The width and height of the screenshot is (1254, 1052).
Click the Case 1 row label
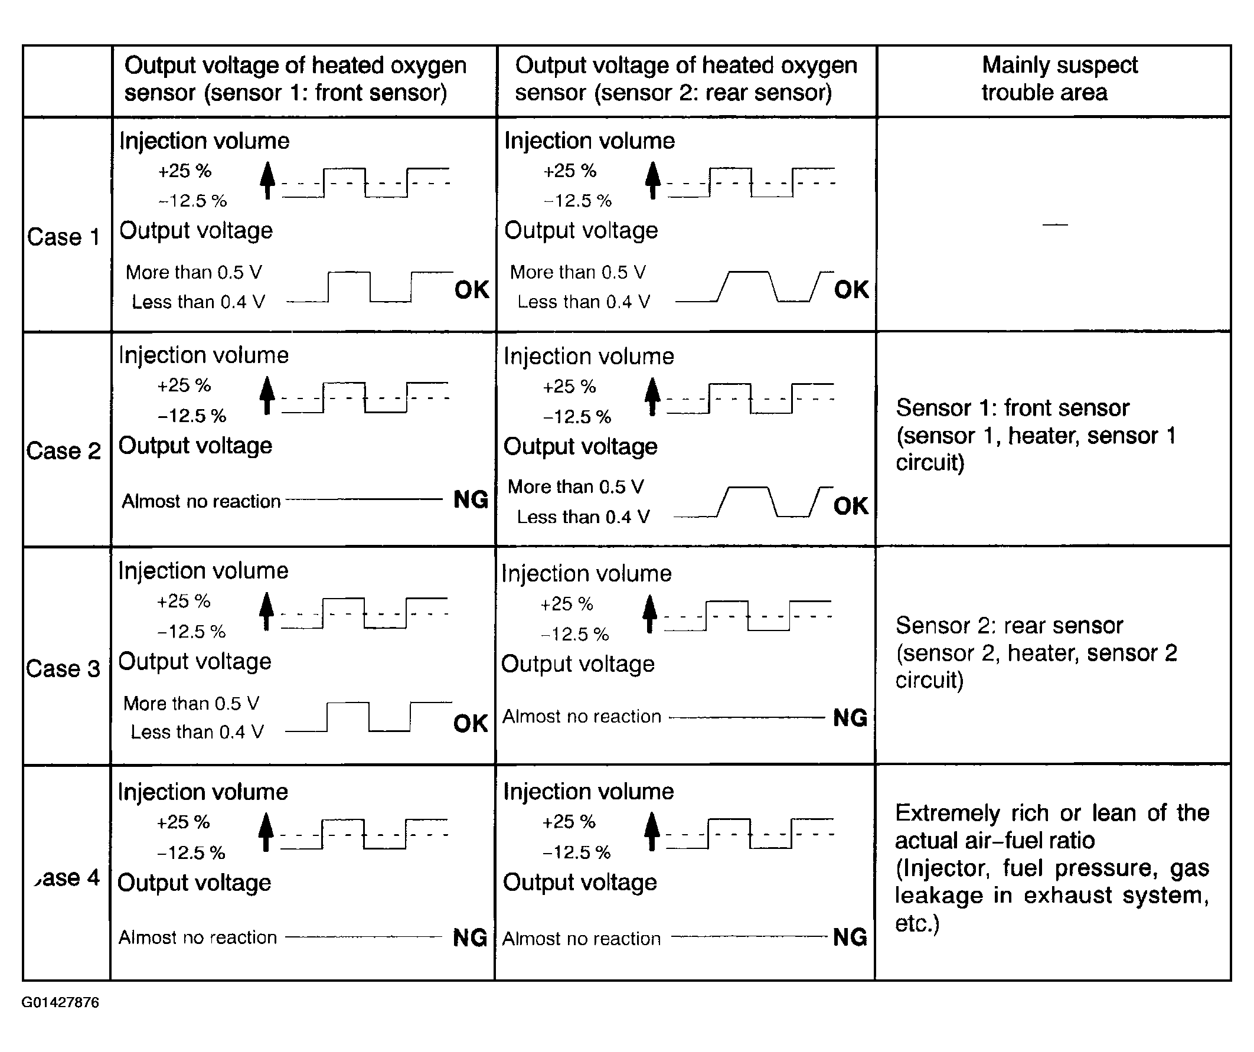[x=63, y=237]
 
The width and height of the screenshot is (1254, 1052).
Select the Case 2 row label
[x=63, y=451]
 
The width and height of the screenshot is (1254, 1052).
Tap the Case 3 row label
[x=63, y=669]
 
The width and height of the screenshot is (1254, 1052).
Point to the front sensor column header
[x=295, y=79]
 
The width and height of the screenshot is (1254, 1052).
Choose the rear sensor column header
[x=685, y=79]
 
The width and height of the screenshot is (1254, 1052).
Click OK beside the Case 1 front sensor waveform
[x=472, y=290]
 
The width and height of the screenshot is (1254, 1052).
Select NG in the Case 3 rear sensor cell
[x=850, y=718]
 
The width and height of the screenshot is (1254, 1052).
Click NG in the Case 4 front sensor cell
[x=470, y=937]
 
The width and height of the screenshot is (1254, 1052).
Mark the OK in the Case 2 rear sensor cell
[x=850, y=507]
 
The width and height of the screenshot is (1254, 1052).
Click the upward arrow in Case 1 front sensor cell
[x=267, y=179]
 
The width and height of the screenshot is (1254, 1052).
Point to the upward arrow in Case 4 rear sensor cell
[x=652, y=831]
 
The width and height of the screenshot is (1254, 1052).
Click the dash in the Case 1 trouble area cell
[x=1054, y=225]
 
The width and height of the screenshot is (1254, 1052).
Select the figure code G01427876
[x=60, y=1002]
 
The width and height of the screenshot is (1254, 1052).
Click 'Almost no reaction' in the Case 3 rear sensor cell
[x=582, y=717]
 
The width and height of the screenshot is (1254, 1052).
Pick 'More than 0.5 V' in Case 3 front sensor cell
[x=191, y=703]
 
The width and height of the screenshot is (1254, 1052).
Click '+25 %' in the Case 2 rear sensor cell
[x=569, y=387]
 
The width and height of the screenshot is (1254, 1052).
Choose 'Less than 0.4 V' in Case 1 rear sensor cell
[x=583, y=302]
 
